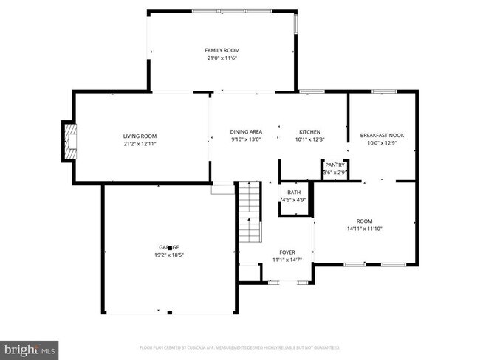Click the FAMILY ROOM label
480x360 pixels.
click(222, 50)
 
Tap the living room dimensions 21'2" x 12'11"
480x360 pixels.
click(140, 144)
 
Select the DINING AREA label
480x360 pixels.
click(247, 132)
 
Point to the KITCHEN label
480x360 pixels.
click(309, 132)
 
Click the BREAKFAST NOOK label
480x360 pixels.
click(382, 135)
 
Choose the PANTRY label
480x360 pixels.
click(335, 165)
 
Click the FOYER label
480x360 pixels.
click(287, 252)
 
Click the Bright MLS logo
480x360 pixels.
click(30, 347)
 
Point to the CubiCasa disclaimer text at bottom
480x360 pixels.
click(240, 347)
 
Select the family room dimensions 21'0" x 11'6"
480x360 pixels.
click(222, 58)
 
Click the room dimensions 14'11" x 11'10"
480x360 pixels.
click(364, 229)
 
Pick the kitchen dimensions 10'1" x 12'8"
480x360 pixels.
click(309, 140)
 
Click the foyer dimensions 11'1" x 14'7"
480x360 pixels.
click(287, 260)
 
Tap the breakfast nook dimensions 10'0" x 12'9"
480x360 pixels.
click(382, 143)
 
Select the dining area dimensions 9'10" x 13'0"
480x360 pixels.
click(247, 140)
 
